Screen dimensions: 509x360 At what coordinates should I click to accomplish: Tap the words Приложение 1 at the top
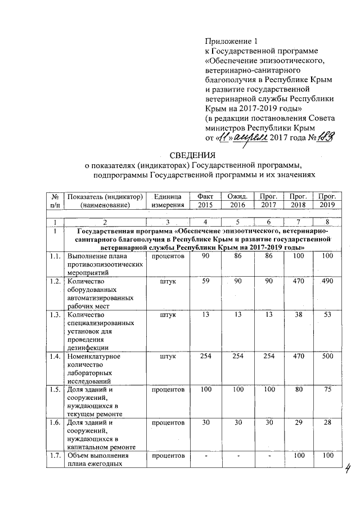tap(231, 41)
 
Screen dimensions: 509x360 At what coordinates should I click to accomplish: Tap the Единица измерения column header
tap(167, 200)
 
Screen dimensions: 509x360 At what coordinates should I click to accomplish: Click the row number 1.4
tap(55, 356)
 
